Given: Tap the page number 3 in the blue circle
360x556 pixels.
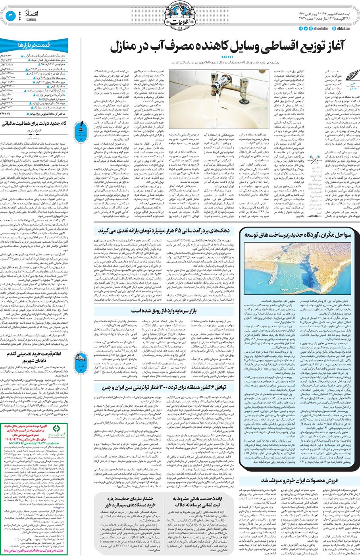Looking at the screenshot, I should tap(10, 16).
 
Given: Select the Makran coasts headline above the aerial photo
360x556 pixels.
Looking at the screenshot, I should tap(297, 235).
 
